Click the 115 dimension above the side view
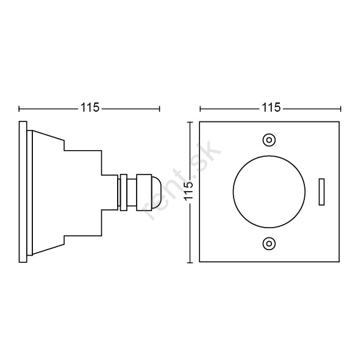point(90,107)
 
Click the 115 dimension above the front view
point(271,107)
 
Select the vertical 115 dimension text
point(189,192)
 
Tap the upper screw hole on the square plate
point(269,140)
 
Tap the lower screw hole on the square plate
point(269,243)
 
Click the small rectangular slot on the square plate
point(321,192)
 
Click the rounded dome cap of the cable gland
point(155,192)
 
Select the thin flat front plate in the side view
point(23,192)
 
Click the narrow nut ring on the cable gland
point(124,192)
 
